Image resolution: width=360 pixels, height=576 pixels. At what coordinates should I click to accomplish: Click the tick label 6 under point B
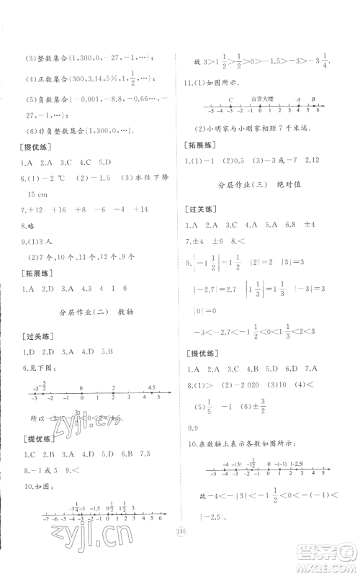316,113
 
